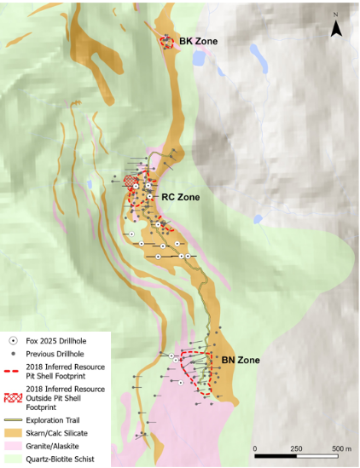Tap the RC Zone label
(180, 197)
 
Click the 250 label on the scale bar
(296, 448)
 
